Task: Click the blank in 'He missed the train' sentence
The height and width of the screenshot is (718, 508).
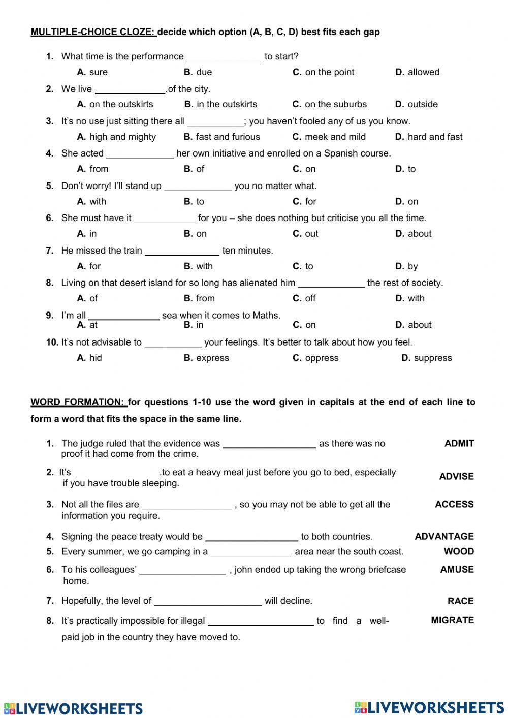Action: [x=182, y=251]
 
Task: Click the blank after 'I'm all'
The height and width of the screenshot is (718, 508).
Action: [x=124, y=316]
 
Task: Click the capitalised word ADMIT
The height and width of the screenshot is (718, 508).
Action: [x=459, y=443]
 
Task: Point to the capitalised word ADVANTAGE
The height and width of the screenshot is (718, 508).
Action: [x=444, y=536]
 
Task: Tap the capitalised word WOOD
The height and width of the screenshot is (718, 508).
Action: [x=459, y=551]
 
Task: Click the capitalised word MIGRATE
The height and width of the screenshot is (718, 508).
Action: [x=452, y=620]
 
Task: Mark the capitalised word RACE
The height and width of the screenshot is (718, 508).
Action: [x=460, y=601]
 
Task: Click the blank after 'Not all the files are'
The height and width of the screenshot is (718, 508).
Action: [x=186, y=505]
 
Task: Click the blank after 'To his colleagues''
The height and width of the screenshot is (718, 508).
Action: [x=182, y=570]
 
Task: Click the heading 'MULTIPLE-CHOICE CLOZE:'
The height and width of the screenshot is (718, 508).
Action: [x=93, y=32]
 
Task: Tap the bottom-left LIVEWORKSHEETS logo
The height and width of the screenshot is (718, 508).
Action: [x=73, y=708]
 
